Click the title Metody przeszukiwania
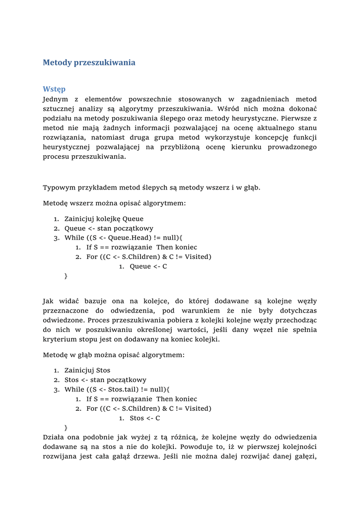[x=89, y=63]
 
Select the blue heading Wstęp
[x=54, y=89]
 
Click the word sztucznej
[x=58, y=109]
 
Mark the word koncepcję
[x=260, y=137]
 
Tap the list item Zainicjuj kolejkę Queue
[x=104, y=219]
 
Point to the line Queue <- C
[x=148, y=266]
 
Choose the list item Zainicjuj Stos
[x=87, y=371]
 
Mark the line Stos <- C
[x=144, y=418]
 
